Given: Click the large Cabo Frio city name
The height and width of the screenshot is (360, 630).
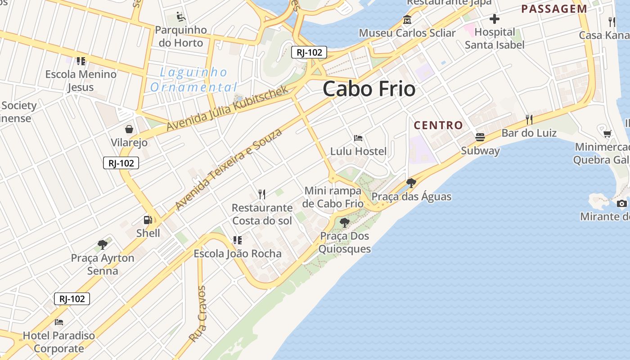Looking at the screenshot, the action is coord(369,89).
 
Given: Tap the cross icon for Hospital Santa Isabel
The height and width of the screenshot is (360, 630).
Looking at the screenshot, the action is coord(495,19).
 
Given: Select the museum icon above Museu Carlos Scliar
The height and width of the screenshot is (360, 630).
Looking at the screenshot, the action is coord(407,20).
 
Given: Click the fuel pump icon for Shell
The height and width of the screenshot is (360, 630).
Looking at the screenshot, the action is coord(148,220).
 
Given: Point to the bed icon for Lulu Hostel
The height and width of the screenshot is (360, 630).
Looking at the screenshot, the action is coord(358,138).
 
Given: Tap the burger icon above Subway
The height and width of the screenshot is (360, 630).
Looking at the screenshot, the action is coord(480,137).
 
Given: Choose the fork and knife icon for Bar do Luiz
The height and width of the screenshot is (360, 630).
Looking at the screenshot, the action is coord(529,119).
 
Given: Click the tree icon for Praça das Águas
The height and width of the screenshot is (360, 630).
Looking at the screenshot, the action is coord(411,183).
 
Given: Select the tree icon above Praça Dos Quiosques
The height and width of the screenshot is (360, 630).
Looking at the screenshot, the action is coord(345,222).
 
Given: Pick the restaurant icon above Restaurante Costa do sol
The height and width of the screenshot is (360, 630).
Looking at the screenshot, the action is coord(262,194).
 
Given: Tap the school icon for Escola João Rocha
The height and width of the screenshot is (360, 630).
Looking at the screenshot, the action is coord(237,240).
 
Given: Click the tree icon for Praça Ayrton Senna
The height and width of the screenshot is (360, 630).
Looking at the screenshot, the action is coord(103,245).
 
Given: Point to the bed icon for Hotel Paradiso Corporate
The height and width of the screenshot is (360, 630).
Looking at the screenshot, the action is coord(59,322).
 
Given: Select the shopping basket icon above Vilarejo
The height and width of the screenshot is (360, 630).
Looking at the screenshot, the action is coord(129,130).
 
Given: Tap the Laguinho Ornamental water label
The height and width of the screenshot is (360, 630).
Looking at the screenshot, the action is coord(193,79).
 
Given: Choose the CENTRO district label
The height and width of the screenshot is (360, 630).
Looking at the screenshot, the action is coord(438,125).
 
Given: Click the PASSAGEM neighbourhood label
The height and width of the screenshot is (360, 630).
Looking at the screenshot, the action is coord(554,9).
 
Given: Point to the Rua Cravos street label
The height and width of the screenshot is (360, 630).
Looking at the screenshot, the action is coord(198,314).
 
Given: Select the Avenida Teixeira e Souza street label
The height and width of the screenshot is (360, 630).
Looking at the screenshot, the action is coord(229,169).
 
